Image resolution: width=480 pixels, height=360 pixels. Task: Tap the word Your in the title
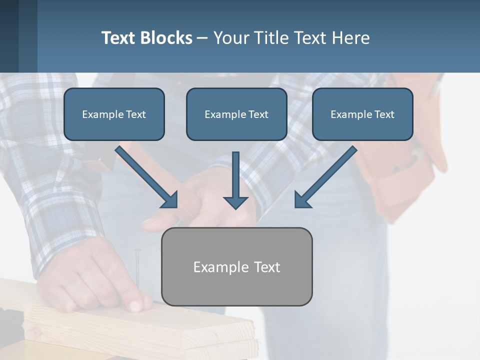[230, 38]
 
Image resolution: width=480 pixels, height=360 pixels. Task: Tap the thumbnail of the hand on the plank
[135, 305]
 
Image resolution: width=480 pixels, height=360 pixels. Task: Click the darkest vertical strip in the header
[9, 36]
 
